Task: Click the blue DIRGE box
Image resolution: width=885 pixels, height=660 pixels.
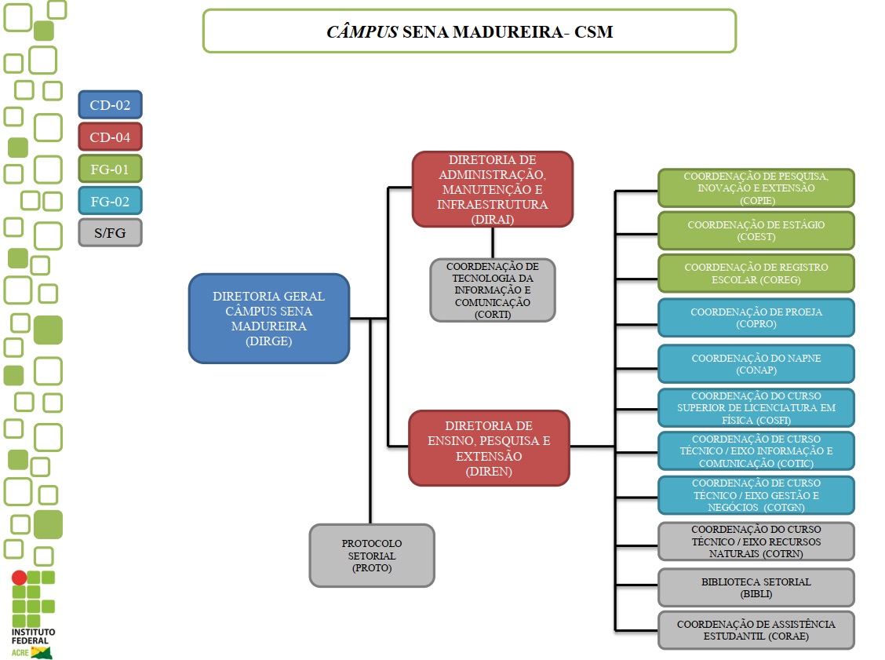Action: click(268, 319)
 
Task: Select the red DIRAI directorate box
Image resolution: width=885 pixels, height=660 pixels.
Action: click(493, 189)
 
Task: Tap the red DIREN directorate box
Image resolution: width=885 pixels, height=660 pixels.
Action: click(489, 448)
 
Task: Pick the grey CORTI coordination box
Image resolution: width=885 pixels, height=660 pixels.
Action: click(492, 290)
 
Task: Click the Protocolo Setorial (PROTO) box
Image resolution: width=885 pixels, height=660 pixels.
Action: click(372, 556)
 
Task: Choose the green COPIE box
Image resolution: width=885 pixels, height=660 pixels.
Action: click(756, 188)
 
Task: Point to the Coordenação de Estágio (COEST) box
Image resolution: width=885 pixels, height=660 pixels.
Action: click(756, 231)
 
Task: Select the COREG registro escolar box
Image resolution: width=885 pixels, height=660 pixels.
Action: click(756, 273)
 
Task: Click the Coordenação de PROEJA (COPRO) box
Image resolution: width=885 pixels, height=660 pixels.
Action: click(756, 318)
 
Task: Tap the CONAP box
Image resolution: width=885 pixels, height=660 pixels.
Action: click(756, 363)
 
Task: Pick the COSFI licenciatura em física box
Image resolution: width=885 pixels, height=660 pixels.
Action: click(756, 408)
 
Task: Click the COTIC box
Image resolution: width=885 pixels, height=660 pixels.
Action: click(756, 451)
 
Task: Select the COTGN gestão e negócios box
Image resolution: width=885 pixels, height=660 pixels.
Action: click(756, 495)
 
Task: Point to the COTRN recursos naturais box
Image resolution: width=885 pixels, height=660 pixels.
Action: click(756, 541)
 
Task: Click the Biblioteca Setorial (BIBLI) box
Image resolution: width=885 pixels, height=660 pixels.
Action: click(756, 588)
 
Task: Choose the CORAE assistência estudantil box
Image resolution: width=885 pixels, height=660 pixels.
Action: click(756, 630)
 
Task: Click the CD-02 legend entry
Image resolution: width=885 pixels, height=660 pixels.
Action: click(110, 104)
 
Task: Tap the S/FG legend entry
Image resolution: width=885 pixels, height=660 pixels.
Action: click(110, 233)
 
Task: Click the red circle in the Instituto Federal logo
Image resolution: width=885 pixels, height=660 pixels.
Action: click(19, 578)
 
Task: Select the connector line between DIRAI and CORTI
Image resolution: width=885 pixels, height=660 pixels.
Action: click(493, 242)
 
